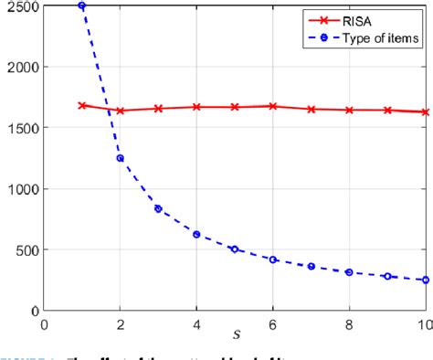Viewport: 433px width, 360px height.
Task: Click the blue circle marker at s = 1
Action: (82, 6)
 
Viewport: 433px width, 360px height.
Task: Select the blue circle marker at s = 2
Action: (120, 158)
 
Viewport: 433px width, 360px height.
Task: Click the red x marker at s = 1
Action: (82, 105)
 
